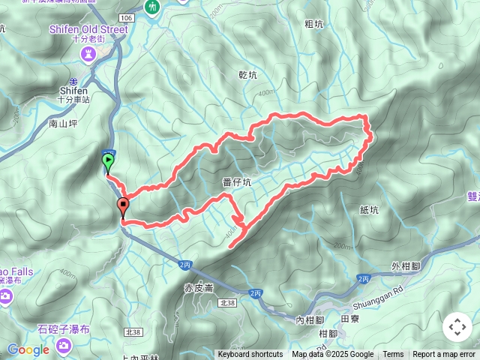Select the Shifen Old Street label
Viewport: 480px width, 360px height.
tap(88, 28)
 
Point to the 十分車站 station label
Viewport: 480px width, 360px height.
tap(74, 98)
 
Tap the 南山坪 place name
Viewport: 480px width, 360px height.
tap(63, 121)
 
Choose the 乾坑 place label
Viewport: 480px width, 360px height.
tap(247, 75)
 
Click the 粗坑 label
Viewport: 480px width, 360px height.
tap(313, 24)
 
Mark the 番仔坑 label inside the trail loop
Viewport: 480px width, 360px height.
tap(237, 181)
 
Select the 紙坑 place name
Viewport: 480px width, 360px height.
tap(369, 211)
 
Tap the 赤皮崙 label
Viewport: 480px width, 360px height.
tap(199, 287)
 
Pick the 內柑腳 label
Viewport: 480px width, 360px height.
tap(309, 320)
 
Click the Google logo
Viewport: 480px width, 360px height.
tap(28, 349)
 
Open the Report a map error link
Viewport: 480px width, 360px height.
tap(444, 355)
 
